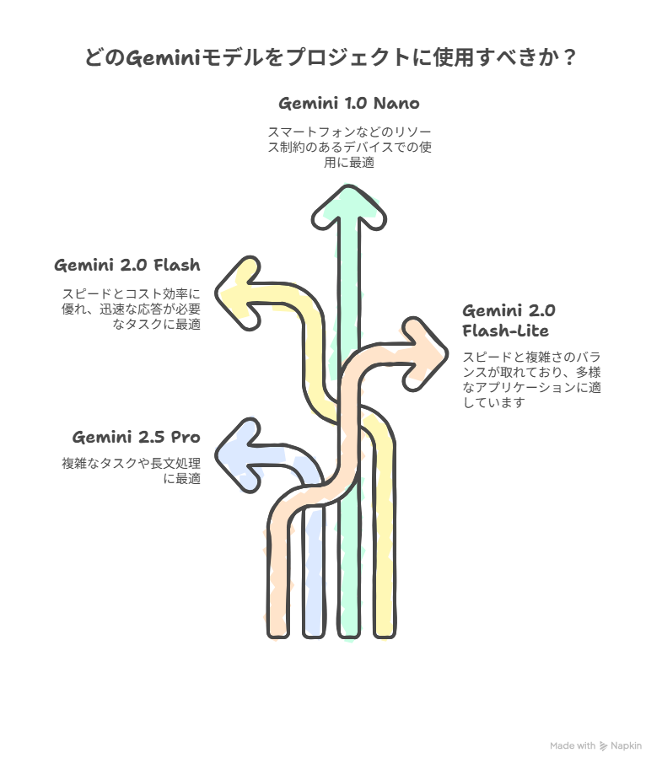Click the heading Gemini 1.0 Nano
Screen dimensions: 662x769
[x=348, y=104]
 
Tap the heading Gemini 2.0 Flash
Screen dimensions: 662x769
[x=127, y=266]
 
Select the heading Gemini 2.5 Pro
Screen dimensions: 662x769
[x=137, y=437]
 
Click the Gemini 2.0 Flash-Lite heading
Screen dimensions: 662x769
[x=509, y=320]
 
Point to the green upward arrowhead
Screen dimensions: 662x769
[x=349, y=208]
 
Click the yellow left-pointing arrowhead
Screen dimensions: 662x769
[x=239, y=293]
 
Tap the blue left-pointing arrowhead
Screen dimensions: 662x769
[x=239, y=455]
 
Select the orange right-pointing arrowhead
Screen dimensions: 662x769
[x=425, y=354]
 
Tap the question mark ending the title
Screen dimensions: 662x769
[x=569, y=58]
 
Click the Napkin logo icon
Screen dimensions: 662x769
[x=603, y=746]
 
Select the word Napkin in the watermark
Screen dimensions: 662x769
[x=627, y=746]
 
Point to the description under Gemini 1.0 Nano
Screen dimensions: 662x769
[x=349, y=147]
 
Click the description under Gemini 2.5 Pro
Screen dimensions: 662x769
[x=132, y=471]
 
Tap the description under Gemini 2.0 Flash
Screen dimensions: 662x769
[x=132, y=309]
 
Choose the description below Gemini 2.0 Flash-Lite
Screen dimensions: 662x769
[x=532, y=379]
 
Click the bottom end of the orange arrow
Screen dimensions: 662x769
[x=278, y=635]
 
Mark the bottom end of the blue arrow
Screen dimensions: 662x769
[x=314, y=635]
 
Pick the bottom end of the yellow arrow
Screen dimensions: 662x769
[x=385, y=635]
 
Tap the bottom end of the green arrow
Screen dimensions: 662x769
[x=349, y=635]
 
